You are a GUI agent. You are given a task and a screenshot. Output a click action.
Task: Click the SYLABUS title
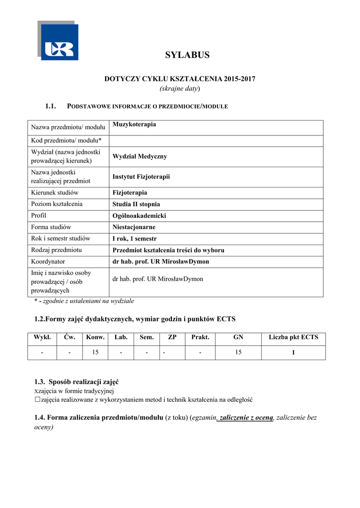click(187, 55)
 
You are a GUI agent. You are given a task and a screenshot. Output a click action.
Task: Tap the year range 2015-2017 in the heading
click(240, 79)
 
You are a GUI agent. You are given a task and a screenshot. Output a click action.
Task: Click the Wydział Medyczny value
click(140, 156)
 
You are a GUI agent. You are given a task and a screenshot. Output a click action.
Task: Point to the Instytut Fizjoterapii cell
click(141, 176)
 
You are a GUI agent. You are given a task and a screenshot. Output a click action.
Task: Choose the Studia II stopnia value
click(136, 204)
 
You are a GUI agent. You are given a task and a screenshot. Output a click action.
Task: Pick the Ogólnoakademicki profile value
click(139, 216)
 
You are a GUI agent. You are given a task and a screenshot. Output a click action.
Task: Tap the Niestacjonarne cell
click(134, 227)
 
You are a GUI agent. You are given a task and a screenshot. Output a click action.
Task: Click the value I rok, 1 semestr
click(135, 239)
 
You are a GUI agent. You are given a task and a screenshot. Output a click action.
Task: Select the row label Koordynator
click(48, 261)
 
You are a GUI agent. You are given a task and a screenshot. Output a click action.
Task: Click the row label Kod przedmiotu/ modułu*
click(66, 140)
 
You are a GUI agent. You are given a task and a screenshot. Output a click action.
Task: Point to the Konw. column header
click(95, 337)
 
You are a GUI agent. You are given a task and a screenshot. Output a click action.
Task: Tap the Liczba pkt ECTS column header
click(293, 337)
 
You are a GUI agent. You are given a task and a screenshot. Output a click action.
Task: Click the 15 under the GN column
click(238, 352)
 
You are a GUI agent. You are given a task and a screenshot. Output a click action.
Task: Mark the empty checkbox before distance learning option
click(37, 399)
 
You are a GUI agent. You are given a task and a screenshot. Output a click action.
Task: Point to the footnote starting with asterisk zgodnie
click(84, 301)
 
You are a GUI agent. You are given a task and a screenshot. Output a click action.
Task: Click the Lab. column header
click(121, 337)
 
